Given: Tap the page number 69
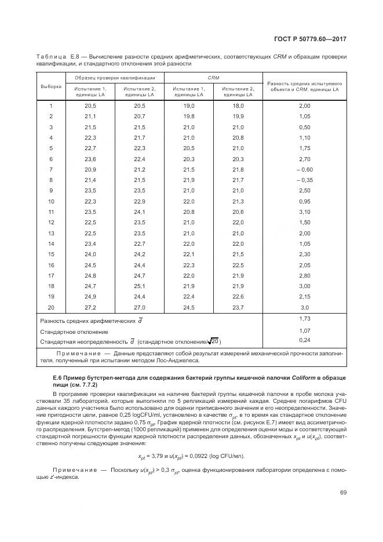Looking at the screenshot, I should [x=343, y=492].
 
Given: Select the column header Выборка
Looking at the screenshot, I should [x=50, y=86].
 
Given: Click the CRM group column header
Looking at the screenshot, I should [x=213, y=77].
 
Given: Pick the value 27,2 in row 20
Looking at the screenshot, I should [x=90, y=307].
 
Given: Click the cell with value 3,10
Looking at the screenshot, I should [x=304, y=212].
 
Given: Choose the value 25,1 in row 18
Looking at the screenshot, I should [x=139, y=286].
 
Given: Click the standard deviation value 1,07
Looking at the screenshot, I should [x=304, y=330].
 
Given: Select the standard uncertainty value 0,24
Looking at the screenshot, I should [x=304, y=340].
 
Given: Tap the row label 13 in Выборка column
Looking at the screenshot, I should [x=50, y=233].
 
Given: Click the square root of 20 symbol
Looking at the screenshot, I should [x=213, y=341].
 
